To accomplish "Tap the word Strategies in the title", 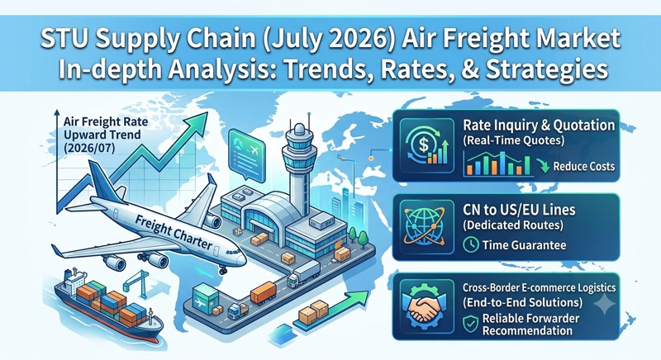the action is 547,69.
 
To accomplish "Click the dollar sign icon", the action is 424,145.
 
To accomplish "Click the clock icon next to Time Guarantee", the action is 470,244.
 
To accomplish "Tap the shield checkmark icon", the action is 470,324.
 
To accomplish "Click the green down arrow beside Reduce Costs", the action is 544,166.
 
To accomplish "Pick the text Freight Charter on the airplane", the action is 174,231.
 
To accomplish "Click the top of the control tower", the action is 299,129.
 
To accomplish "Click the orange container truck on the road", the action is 264,292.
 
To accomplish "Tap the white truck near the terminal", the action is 303,274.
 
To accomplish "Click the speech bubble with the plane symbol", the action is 246,155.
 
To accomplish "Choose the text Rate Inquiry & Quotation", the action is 539,125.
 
